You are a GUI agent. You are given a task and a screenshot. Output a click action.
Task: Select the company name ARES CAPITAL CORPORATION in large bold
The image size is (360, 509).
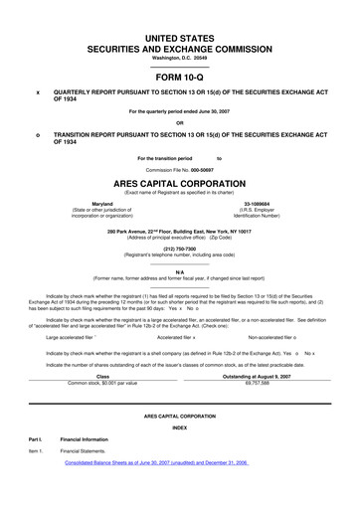(179, 184)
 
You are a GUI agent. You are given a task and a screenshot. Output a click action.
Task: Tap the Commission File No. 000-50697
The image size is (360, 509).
(179, 167)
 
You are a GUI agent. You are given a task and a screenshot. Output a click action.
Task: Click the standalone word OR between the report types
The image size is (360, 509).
(179, 122)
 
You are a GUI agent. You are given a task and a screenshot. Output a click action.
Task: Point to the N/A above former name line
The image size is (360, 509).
(179, 271)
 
